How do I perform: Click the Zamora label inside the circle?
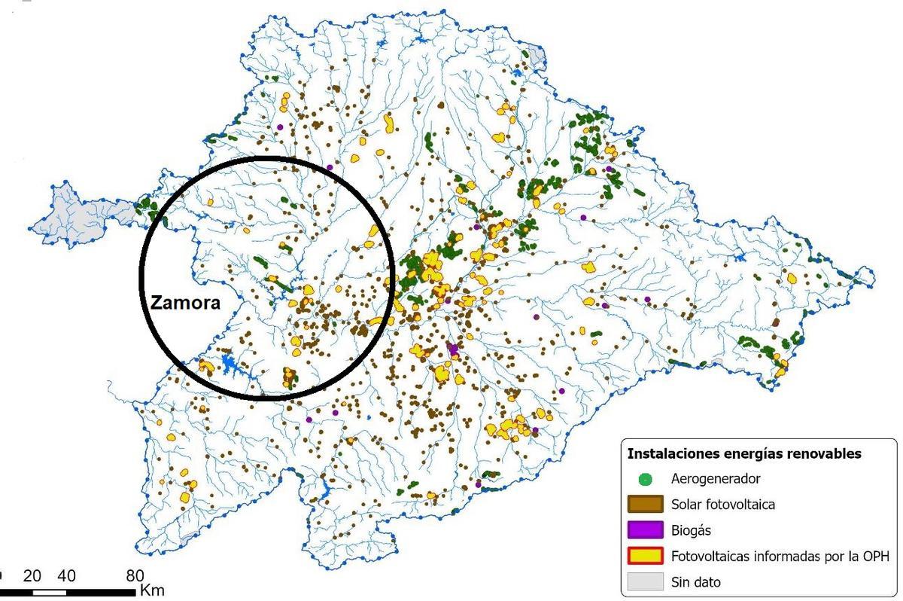pos(185,303)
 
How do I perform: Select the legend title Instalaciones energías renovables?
pos(744,454)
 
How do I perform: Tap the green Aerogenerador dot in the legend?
pos(645,479)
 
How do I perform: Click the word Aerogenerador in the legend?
pos(716,479)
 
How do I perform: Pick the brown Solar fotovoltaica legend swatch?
pos(645,505)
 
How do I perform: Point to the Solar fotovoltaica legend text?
pos(723,505)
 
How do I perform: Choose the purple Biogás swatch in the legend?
pos(645,531)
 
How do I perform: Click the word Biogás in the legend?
pos(690,531)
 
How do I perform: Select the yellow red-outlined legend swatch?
pos(645,557)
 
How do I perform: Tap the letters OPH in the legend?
pos(876,557)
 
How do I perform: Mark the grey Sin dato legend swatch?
pos(645,582)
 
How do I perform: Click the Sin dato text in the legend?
pos(696,582)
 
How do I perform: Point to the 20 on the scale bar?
pos(32,576)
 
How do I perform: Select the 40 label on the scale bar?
pos(66,576)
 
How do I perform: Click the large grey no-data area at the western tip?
pos(75,215)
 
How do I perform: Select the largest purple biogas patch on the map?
pos(453,349)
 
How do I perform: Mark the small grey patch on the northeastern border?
pos(536,57)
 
